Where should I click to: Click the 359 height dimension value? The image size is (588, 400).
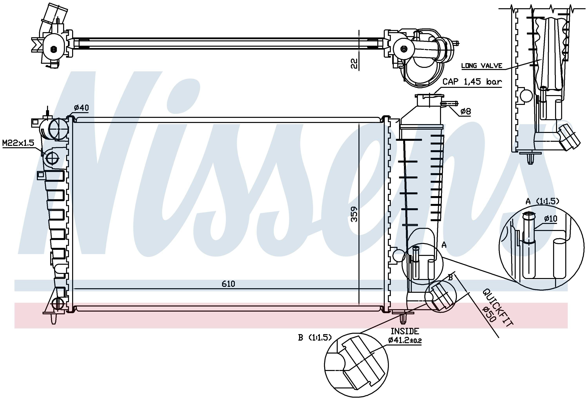(354, 214)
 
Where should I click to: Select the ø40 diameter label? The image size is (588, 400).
(82, 108)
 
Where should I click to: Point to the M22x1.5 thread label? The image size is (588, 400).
(18, 143)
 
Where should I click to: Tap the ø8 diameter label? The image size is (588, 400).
(465, 111)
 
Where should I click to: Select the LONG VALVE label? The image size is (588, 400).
(482, 66)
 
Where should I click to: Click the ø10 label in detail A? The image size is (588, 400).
(551, 218)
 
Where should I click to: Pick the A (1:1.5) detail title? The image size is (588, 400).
(543, 201)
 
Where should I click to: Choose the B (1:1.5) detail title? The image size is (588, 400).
(315, 337)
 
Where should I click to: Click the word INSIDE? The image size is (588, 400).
(405, 331)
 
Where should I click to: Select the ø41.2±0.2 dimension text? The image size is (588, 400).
(405, 340)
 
